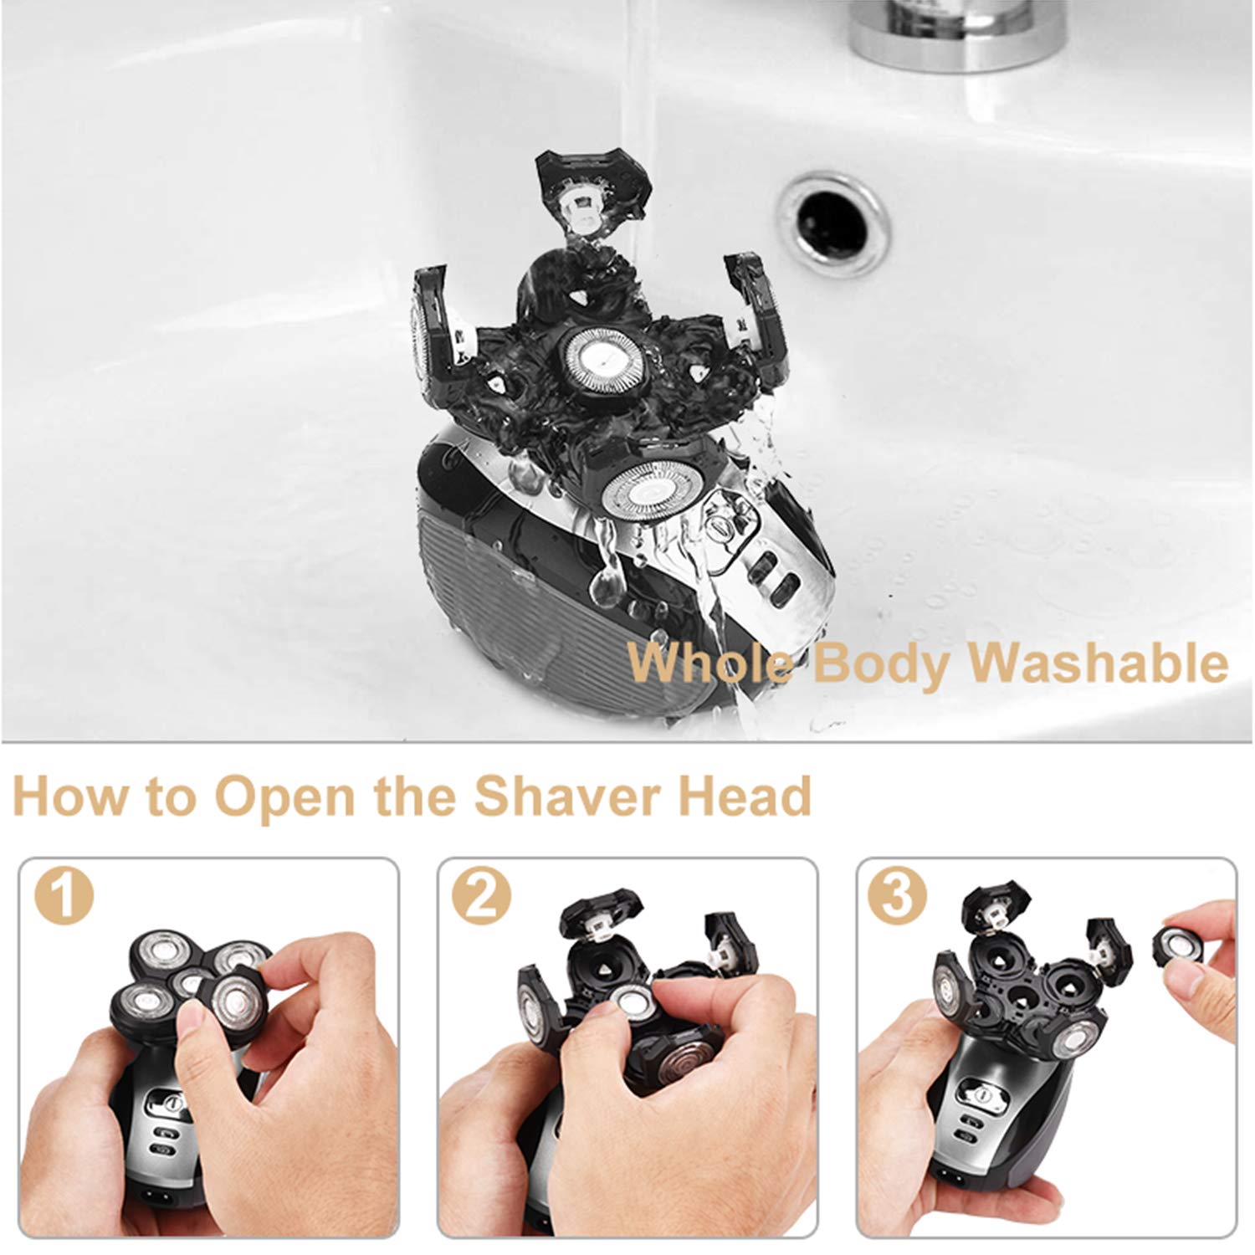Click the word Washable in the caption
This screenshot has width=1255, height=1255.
pos(1098,663)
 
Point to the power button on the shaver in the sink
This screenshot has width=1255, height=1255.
pos(720,530)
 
